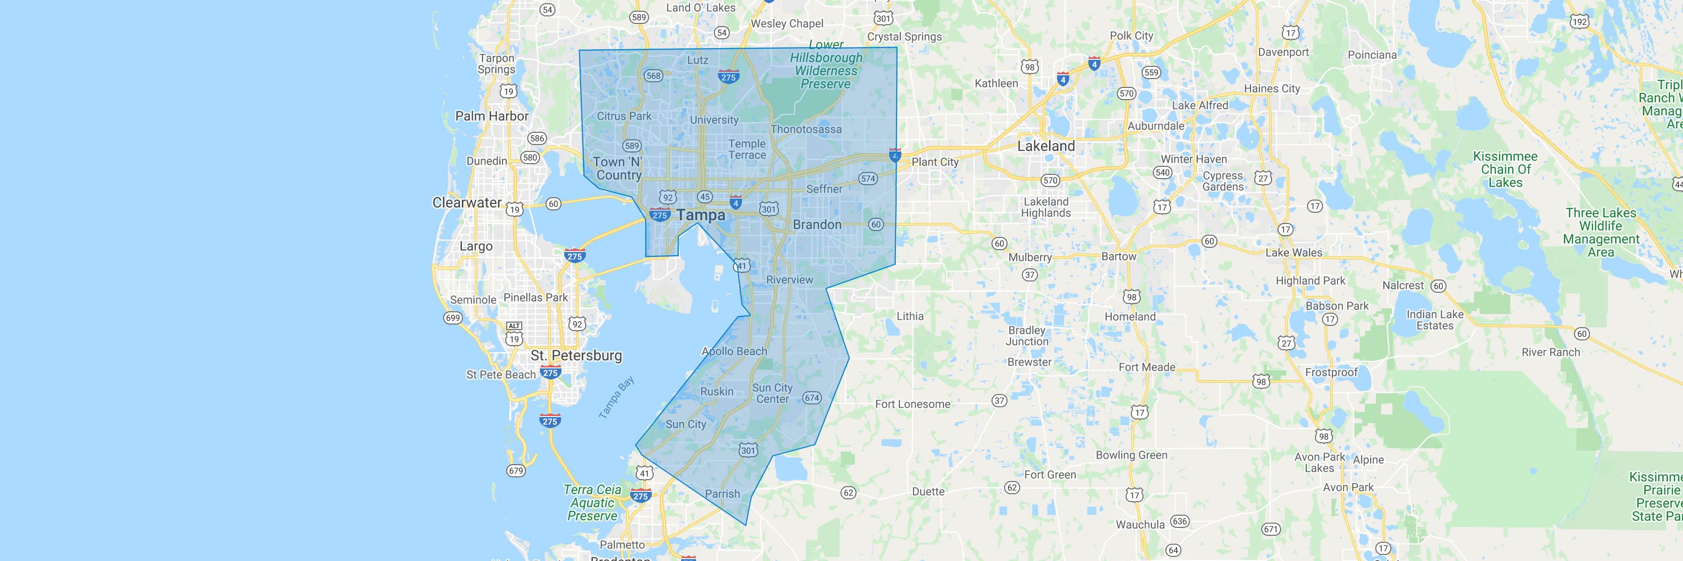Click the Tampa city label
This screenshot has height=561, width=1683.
tap(700, 215)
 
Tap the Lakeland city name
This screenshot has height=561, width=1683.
tap(1045, 146)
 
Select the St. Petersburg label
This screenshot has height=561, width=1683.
tap(576, 355)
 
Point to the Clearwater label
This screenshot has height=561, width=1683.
tap(467, 202)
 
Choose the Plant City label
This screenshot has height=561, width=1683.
tap(935, 162)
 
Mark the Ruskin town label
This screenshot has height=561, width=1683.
tap(717, 391)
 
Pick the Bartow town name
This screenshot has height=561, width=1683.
tap(1119, 257)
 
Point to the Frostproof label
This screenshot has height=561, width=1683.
tap(1331, 372)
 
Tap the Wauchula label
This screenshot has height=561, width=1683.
tap(1140, 525)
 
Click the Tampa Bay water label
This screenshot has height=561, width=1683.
tap(616, 397)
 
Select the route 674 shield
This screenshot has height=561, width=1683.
tap(812, 398)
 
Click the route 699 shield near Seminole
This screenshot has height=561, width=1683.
tap(453, 318)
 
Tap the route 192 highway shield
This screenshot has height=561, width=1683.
tap(1579, 22)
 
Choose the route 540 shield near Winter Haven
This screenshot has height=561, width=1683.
tap(1162, 173)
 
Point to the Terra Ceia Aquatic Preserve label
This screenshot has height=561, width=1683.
tap(592, 503)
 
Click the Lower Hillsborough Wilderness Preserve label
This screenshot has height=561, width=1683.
tap(826, 64)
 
